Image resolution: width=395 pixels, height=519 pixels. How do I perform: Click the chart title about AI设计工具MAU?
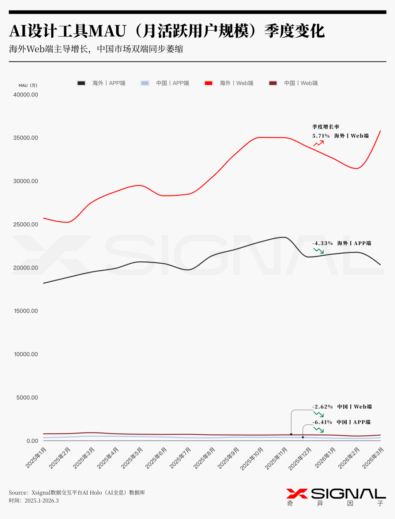(x=167, y=31)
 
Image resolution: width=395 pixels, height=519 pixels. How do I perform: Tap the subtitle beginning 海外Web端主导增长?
(x=96, y=49)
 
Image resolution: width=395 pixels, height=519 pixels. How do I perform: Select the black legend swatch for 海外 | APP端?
(x=81, y=83)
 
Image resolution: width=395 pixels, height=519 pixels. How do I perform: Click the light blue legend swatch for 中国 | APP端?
(x=145, y=83)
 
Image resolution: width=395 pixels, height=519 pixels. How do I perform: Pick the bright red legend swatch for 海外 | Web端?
(x=208, y=83)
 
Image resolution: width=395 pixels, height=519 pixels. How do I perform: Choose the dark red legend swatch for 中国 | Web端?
(x=273, y=83)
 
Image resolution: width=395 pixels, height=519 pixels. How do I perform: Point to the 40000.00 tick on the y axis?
(x=26, y=95)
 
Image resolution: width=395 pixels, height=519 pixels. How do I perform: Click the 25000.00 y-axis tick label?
(x=26, y=224)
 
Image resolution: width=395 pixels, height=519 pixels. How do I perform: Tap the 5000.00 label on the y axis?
(x=27, y=397)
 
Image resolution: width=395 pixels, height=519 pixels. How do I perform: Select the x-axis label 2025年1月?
(x=36, y=457)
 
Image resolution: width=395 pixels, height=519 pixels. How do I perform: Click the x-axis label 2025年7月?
(x=180, y=457)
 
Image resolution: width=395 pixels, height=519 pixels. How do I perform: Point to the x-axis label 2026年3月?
(x=373, y=457)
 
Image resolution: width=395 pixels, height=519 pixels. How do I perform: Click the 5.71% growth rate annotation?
(x=321, y=136)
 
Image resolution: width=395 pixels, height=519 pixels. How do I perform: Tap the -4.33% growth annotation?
(x=322, y=243)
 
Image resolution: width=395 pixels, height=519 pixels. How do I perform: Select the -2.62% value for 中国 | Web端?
(x=322, y=407)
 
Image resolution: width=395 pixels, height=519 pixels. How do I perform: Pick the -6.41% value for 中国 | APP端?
(x=322, y=422)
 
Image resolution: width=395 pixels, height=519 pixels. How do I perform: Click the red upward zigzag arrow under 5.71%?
(x=319, y=143)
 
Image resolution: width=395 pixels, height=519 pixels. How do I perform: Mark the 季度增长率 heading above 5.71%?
(x=326, y=127)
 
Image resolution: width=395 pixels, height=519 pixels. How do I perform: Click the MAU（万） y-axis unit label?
(x=28, y=85)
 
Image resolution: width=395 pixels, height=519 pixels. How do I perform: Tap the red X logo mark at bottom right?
(x=297, y=493)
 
